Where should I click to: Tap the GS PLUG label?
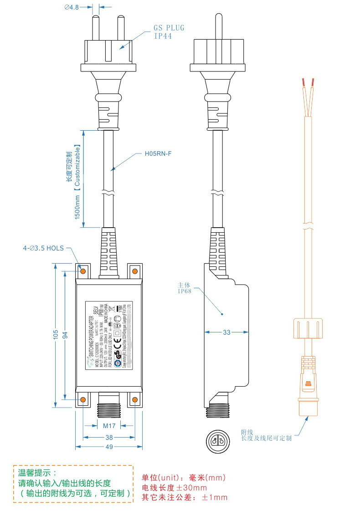[169, 28]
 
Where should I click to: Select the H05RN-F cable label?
[158, 154]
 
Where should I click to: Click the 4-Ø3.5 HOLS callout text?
[44, 249]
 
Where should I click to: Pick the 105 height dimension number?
[56, 335]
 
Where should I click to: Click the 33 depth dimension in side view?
[226, 332]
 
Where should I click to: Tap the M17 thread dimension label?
[109, 426]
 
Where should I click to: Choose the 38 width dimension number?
[109, 438]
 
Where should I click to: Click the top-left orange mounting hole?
[83, 271]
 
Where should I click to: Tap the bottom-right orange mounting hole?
[135, 400]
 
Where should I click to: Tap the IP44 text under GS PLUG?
[163, 36]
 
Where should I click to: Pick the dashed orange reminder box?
[73, 484]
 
